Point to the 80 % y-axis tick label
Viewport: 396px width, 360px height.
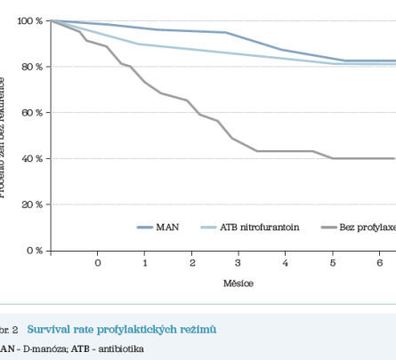tap(28, 67)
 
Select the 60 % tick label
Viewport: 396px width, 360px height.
tap(28, 112)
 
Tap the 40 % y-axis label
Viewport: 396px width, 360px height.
tap(28, 158)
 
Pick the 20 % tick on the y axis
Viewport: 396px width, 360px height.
tap(28, 204)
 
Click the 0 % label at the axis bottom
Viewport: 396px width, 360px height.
tap(30, 250)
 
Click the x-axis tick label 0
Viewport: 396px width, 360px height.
tap(98, 264)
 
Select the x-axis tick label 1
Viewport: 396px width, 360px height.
tap(145, 264)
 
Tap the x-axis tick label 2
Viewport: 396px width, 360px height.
tap(192, 264)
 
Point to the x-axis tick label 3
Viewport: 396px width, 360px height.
tap(238, 264)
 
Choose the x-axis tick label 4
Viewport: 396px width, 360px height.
tap(286, 264)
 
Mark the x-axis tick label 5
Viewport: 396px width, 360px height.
tap(333, 264)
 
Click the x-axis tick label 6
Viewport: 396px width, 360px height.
tap(380, 264)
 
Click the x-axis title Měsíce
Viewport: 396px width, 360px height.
tap(239, 284)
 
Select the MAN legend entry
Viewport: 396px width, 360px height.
tap(167, 228)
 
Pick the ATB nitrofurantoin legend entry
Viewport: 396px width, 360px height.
tap(255, 228)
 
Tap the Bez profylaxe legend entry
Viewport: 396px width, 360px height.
tap(367, 228)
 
